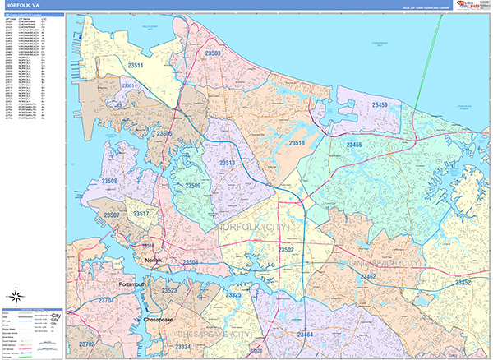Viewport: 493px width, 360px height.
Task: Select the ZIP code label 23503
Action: click(213, 53)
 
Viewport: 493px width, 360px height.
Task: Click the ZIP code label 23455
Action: click(355, 145)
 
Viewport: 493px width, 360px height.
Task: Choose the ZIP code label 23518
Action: click(297, 143)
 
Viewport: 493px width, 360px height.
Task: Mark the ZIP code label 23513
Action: click(228, 164)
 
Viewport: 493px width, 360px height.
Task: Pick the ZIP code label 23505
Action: click(164, 133)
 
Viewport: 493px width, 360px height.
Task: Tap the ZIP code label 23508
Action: click(108, 181)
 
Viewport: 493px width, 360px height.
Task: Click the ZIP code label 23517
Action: click(141, 215)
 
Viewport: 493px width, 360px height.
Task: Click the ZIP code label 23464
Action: click(305, 335)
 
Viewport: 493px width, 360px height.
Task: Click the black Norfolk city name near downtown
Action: click(154, 260)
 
